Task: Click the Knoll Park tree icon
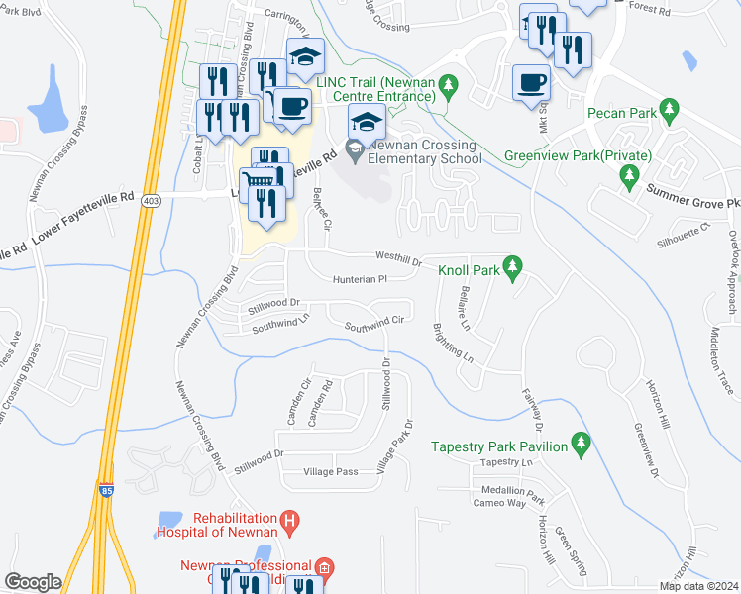(512, 266)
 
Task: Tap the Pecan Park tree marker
(670, 107)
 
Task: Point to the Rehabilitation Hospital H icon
(289, 519)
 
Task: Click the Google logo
(33, 582)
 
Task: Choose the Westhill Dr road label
(398, 259)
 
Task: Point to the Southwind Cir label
(373, 323)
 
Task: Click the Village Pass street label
(333, 472)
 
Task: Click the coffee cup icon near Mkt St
(531, 82)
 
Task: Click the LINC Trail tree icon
(448, 88)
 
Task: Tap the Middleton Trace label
(718, 361)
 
